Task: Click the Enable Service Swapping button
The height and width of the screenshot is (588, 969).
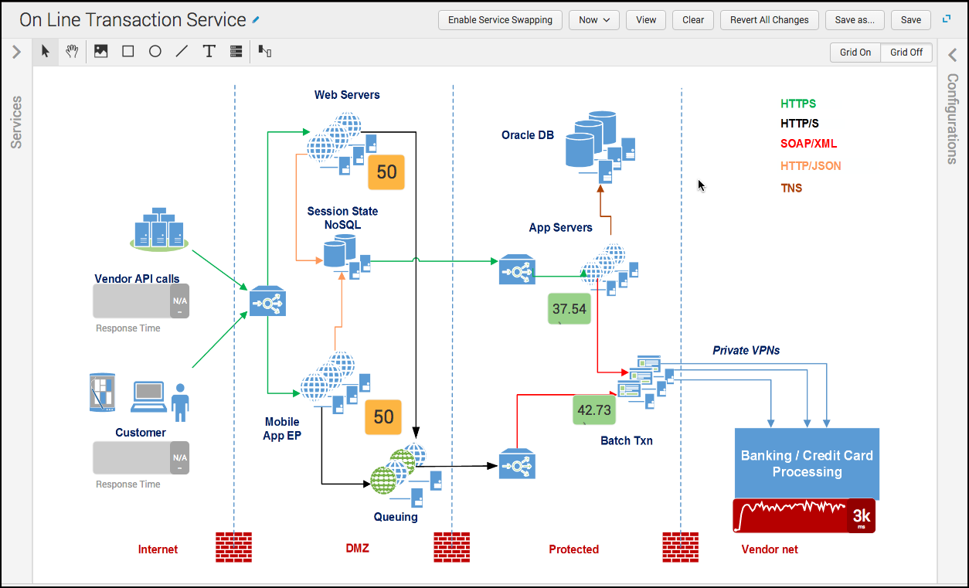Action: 500,20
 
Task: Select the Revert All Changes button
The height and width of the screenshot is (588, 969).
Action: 769,20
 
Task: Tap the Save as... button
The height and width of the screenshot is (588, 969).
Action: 855,20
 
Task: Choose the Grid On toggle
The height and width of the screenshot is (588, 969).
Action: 855,53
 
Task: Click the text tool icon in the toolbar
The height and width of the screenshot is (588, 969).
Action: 209,52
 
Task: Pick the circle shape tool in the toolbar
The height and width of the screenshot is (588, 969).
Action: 155,52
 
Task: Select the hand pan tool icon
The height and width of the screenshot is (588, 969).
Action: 72,52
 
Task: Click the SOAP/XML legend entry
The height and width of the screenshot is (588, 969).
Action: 808,144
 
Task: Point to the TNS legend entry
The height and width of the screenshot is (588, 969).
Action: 791,189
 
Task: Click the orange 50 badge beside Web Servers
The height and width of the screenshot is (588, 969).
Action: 386,172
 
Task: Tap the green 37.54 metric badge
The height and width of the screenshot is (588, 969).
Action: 569,309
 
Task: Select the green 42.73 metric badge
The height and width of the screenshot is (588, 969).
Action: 594,410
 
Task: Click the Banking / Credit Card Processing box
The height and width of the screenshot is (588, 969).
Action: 807,464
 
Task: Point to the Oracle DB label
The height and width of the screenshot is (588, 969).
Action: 527,135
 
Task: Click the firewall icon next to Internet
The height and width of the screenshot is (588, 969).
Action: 233,547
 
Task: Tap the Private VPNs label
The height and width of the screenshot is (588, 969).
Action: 746,351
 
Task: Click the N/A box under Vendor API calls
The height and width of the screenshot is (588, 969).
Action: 179,301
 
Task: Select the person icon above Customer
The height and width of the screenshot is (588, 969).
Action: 180,403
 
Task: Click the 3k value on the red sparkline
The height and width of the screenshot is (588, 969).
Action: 862,515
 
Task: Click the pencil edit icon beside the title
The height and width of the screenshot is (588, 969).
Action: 256,20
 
